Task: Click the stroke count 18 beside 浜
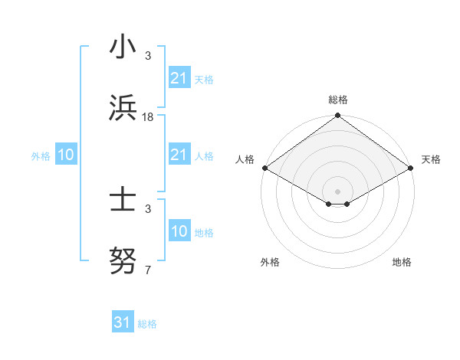coord(148,116)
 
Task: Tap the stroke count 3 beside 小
coord(148,57)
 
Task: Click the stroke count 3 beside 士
coord(148,209)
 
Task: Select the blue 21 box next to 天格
coord(179,78)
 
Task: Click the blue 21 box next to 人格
coord(179,155)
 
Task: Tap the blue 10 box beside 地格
coord(179,232)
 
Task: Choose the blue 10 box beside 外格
coord(65,155)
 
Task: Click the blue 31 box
coord(123,322)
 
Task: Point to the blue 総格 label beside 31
coord(147,324)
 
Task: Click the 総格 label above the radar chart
coord(338,100)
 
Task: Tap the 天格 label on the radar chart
coord(431,159)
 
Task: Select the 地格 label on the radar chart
coord(402,262)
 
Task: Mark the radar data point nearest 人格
coord(264,168)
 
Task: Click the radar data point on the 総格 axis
coord(337,116)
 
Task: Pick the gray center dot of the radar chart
coord(337,191)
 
